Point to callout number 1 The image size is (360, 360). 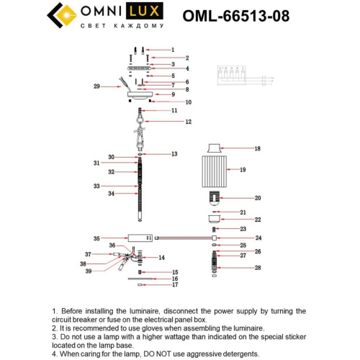coord(173,50)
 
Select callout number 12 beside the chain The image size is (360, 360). coord(188,122)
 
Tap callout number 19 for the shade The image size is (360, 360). coord(243,170)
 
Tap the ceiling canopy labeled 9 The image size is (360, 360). coord(141,94)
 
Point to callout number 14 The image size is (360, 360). coord(162,257)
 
